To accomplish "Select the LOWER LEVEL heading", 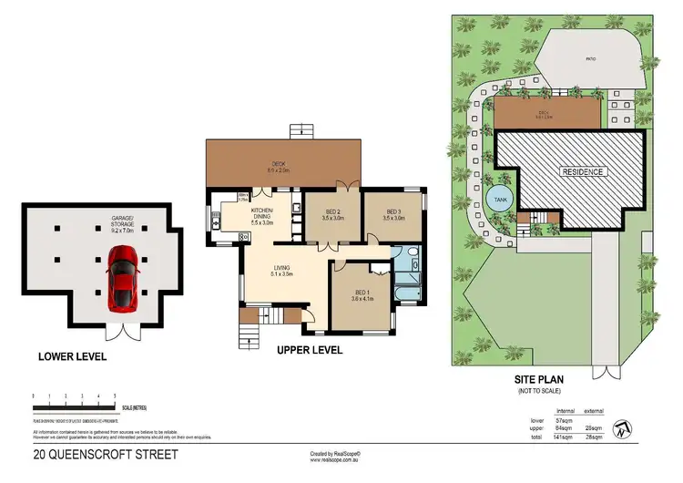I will [x=72, y=355].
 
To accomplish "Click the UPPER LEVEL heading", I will [x=309, y=349].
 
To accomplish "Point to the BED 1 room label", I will [x=363, y=295].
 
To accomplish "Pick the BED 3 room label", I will [x=393, y=215].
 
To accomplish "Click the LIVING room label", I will [x=280, y=270].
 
